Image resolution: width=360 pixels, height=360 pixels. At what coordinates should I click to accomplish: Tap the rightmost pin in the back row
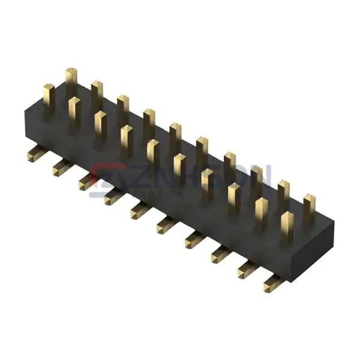coord(309,206)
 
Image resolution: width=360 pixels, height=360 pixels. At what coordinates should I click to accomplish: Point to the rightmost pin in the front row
coord(287,225)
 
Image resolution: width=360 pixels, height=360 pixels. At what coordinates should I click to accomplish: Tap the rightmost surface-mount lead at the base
coord(271,285)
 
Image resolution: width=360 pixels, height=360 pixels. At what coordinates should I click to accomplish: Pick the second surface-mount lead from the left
coord(60,169)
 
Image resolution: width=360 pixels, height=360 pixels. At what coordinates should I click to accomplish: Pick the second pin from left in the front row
coord(75,109)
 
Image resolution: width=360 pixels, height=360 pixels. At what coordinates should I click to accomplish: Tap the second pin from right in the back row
coord(283,192)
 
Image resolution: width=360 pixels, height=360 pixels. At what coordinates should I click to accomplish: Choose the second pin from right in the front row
coord(261,211)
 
